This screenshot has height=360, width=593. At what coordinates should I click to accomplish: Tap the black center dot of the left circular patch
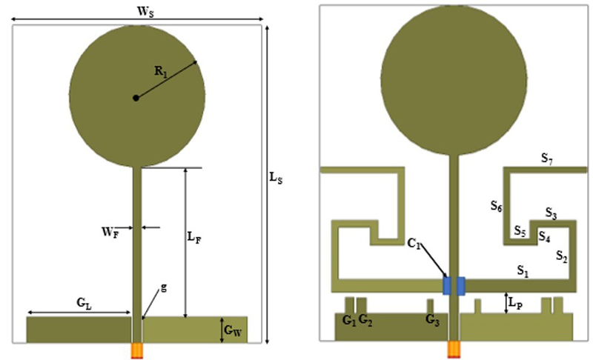[x=136, y=98]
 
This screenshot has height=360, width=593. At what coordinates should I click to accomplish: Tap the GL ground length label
[x=84, y=303]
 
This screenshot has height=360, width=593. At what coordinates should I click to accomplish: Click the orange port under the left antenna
[x=136, y=350]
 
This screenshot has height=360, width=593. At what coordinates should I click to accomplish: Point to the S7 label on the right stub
[x=547, y=158]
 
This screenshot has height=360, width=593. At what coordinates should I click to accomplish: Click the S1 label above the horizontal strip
[x=523, y=271]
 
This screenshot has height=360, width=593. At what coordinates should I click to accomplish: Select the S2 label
[x=563, y=256]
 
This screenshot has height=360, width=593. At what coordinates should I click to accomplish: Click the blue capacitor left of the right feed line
[x=446, y=285]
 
